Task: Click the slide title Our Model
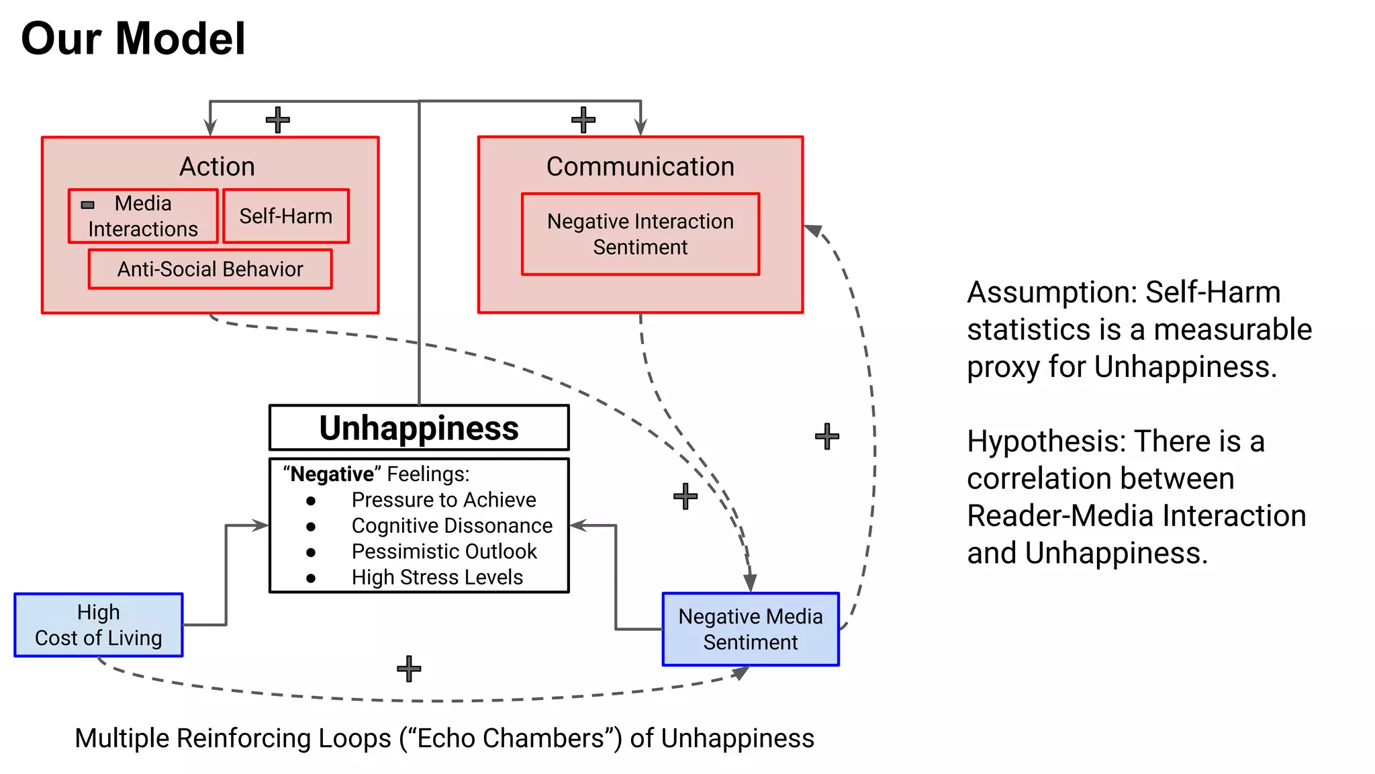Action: coord(133,39)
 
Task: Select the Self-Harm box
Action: coord(285,216)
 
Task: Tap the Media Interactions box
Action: coord(143,216)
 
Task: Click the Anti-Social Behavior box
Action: coord(209,269)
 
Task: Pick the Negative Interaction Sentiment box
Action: coord(640,234)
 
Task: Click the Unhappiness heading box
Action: coord(419,428)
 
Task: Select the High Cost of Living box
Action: coord(98,625)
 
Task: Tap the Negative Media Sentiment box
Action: coord(750,629)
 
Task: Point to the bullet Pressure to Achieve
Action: coord(443,500)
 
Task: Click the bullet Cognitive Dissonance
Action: coord(451,525)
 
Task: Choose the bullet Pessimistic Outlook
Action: coord(443,552)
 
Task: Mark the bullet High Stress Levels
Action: coord(436,577)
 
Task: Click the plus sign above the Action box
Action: coord(277,120)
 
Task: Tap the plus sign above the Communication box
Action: coord(583,120)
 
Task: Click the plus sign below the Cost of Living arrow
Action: coord(408,669)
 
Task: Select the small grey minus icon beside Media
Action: coord(88,204)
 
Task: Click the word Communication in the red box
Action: coord(640,167)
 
